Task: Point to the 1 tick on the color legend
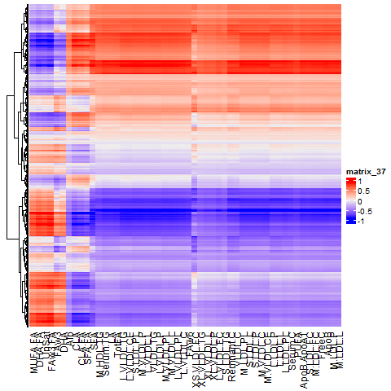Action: (x=363, y=181)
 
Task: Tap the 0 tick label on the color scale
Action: (x=363, y=200)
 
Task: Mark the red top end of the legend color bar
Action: (x=351, y=180)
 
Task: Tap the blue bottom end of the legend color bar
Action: (x=351, y=221)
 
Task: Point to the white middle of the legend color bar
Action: (x=351, y=200)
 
